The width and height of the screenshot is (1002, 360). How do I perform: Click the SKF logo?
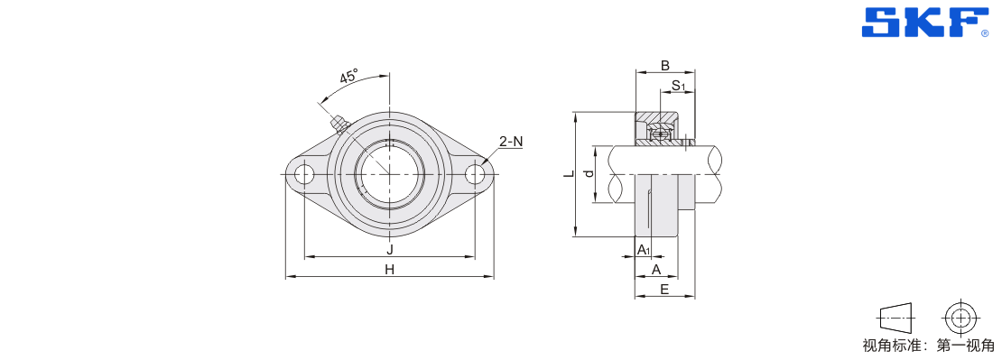click(924, 23)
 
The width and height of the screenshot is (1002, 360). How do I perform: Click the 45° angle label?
click(349, 77)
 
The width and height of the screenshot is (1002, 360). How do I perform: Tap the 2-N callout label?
click(511, 142)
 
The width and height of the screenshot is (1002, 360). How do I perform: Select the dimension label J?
click(390, 249)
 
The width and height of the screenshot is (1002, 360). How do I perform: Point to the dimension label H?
click(390, 270)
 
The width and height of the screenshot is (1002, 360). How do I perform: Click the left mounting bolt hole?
click(305, 174)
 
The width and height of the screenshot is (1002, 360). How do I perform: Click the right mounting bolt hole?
click(476, 174)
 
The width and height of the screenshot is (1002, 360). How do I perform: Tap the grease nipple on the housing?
click(337, 124)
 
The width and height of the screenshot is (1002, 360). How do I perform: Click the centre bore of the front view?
click(390, 173)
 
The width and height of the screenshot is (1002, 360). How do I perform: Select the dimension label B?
click(664, 65)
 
